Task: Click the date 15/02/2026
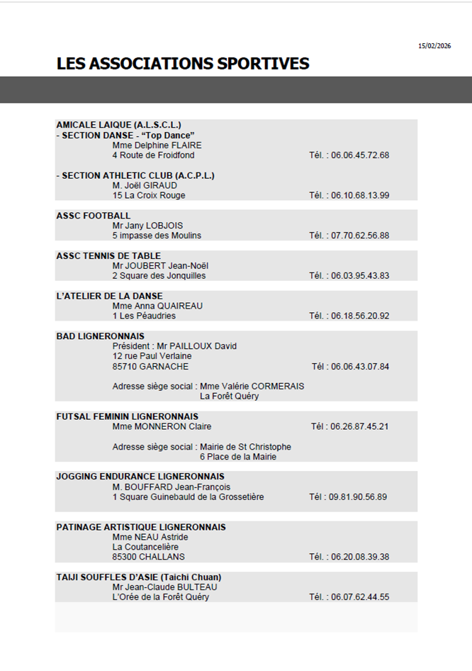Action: [x=434, y=46]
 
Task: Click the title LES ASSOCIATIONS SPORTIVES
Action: [x=183, y=64]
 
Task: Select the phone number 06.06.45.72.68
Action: [x=360, y=155]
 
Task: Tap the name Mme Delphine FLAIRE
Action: [x=157, y=145]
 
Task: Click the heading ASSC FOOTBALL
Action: [x=94, y=216]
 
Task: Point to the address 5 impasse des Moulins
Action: [x=157, y=235]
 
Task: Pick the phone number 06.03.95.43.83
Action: [x=360, y=276]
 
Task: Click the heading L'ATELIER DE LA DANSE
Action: [x=109, y=296]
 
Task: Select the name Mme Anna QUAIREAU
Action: [x=157, y=306]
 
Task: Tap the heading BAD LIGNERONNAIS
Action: [x=100, y=336]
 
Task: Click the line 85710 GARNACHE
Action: [x=150, y=367]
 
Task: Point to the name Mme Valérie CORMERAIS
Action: [x=252, y=387]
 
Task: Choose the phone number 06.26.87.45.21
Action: [x=360, y=427]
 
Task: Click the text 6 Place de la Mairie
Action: [x=237, y=457]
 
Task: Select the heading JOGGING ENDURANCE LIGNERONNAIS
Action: [x=140, y=477]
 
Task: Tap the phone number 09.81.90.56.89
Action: [x=358, y=497]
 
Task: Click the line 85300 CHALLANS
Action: [x=148, y=557]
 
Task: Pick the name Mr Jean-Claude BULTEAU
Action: [x=164, y=587]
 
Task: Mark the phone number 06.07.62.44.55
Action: [x=360, y=597]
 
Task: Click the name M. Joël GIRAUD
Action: [x=145, y=185]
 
